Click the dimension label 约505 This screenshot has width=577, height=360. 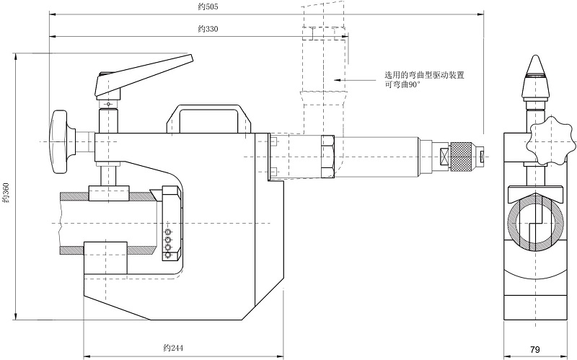click(208, 6)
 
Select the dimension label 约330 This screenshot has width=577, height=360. click(208, 30)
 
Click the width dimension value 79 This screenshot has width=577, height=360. click(534, 349)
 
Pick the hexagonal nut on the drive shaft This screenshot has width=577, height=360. click(325, 155)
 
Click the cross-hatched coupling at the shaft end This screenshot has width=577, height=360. click(459, 154)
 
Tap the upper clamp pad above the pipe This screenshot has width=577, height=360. click(107, 193)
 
